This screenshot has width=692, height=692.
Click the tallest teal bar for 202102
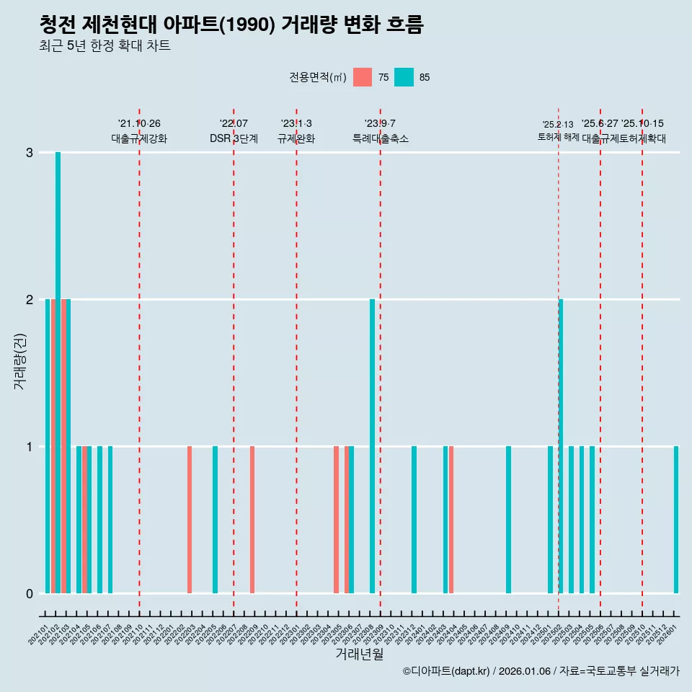point(58,372)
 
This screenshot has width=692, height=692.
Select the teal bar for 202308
point(373,445)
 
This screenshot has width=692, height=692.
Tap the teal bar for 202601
point(676,519)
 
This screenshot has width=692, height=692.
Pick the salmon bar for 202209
point(252,519)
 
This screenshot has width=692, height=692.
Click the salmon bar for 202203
point(190,519)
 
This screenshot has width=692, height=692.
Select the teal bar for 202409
point(508,519)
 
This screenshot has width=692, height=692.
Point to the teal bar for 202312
point(414,519)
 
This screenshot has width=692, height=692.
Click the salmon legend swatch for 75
point(363,77)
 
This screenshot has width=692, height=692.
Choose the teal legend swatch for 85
point(404,77)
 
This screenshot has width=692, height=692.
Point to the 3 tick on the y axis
point(30,153)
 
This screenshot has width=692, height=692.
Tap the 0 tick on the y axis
point(30,593)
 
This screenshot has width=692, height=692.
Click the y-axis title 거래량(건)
point(20,361)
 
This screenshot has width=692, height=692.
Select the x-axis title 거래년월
point(359,654)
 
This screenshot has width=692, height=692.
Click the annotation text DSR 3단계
point(234,138)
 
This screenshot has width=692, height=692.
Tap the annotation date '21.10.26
point(139,123)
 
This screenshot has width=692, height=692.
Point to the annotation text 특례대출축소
point(380,138)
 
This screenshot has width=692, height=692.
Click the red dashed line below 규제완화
point(296,360)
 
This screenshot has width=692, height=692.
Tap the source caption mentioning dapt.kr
point(541,671)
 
